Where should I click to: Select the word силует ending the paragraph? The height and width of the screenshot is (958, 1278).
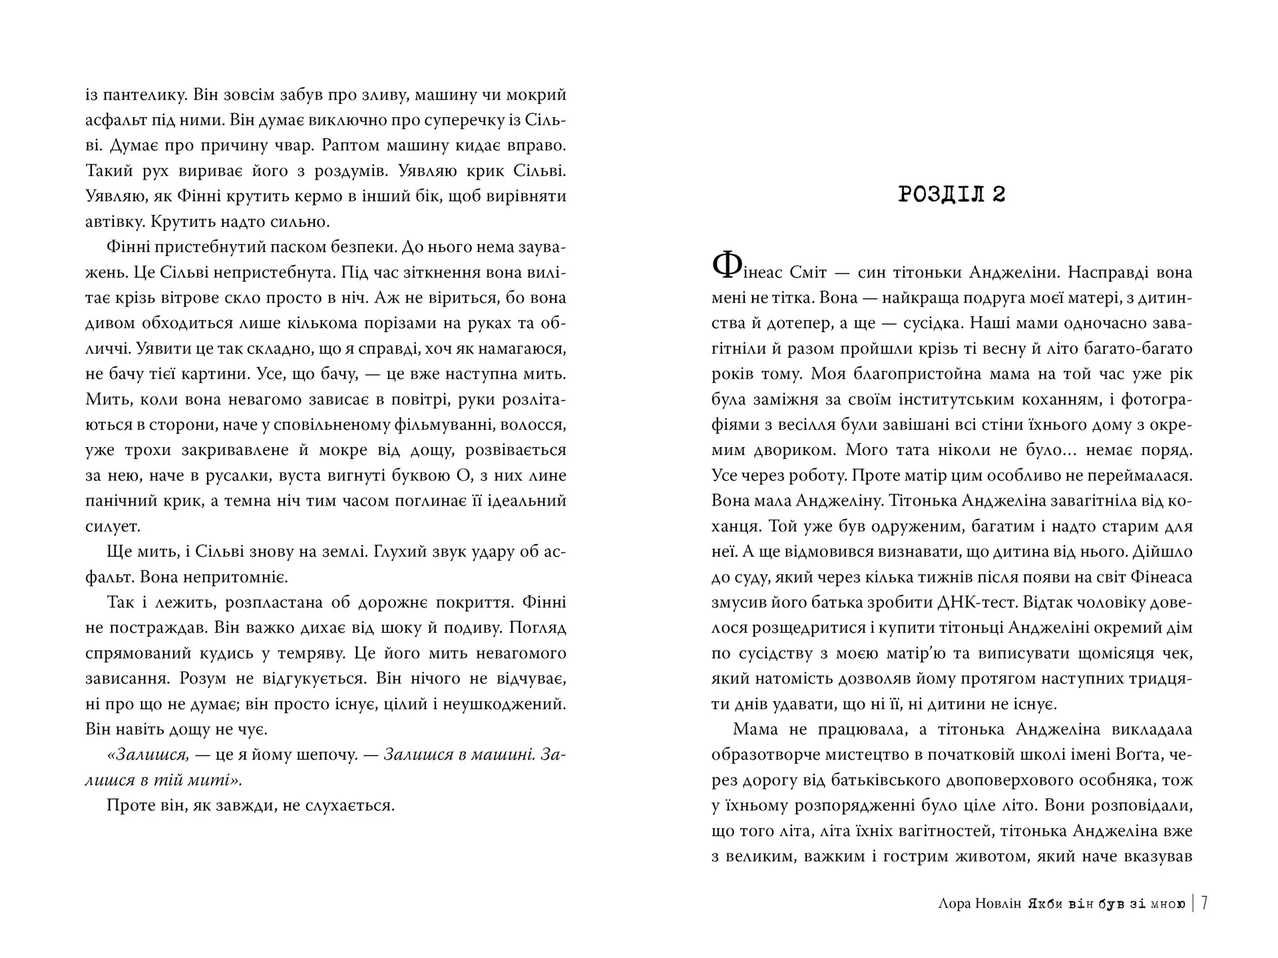[112, 526]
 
